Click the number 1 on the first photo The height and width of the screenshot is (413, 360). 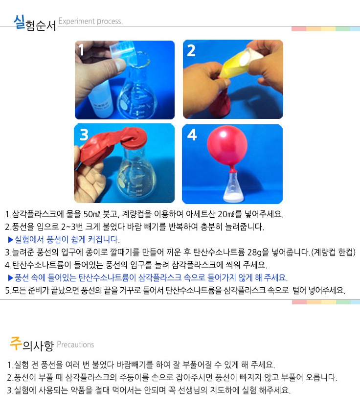pyautogui.click(x=82, y=50)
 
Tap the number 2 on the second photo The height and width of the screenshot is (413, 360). pyautogui.click(x=191, y=50)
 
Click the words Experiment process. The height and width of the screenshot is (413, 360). pyautogui.click(x=90, y=21)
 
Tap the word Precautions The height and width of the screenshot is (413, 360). pyautogui.click(x=75, y=344)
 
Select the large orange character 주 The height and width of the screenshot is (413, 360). pyautogui.click(x=16, y=343)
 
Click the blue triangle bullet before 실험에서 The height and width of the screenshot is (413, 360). pyautogui.click(x=11, y=240)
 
